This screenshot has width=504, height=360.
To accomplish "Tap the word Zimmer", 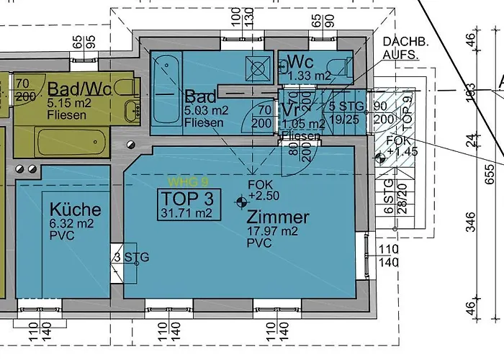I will coord(277,217).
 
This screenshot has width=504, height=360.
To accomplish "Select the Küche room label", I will coord(75,210).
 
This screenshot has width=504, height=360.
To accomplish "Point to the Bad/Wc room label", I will coord(79,89).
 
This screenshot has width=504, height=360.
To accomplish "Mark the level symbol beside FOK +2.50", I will coord(240,202).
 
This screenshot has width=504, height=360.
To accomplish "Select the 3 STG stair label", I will coord(131,257).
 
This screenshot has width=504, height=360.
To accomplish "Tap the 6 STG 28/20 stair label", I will coord(389,198).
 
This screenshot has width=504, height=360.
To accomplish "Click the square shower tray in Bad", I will coord(256,66).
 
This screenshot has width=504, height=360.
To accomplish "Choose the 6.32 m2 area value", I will coord(69,224).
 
